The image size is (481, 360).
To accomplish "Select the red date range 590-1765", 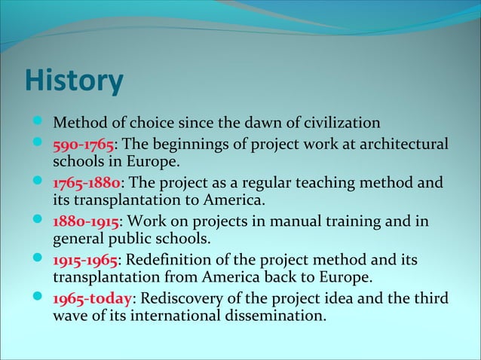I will (x=82, y=143).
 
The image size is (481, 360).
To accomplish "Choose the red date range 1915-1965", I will (x=83, y=261).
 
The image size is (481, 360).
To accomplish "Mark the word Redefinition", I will (x=170, y=261).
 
